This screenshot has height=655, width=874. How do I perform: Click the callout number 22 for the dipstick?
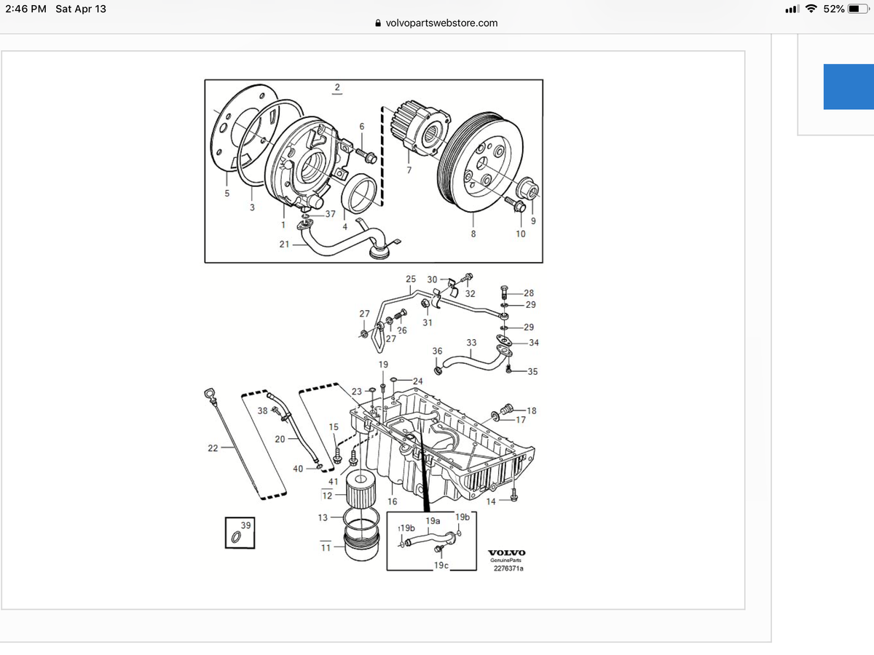(213, 448)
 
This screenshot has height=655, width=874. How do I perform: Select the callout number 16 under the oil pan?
(392, 501)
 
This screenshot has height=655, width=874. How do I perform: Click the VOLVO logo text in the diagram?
(506, 552)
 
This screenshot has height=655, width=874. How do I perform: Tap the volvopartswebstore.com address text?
(441, 23)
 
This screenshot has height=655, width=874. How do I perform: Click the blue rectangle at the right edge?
(849, 87)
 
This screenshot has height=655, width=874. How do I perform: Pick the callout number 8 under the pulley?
(473, 234)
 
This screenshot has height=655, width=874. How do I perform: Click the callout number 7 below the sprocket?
(409, 171)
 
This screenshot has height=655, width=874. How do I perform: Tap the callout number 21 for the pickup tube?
(284, 244)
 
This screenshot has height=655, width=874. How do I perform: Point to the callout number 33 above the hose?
(471, 342)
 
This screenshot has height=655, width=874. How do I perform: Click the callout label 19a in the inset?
(433, 521)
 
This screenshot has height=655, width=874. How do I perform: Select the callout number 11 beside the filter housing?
(326, 547)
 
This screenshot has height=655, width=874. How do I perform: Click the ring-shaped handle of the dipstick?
(210, 397)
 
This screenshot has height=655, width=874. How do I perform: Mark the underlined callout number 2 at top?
(336, 88)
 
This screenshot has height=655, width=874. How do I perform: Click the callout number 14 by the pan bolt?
(491, 501)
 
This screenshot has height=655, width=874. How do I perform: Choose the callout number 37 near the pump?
(330, 213)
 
